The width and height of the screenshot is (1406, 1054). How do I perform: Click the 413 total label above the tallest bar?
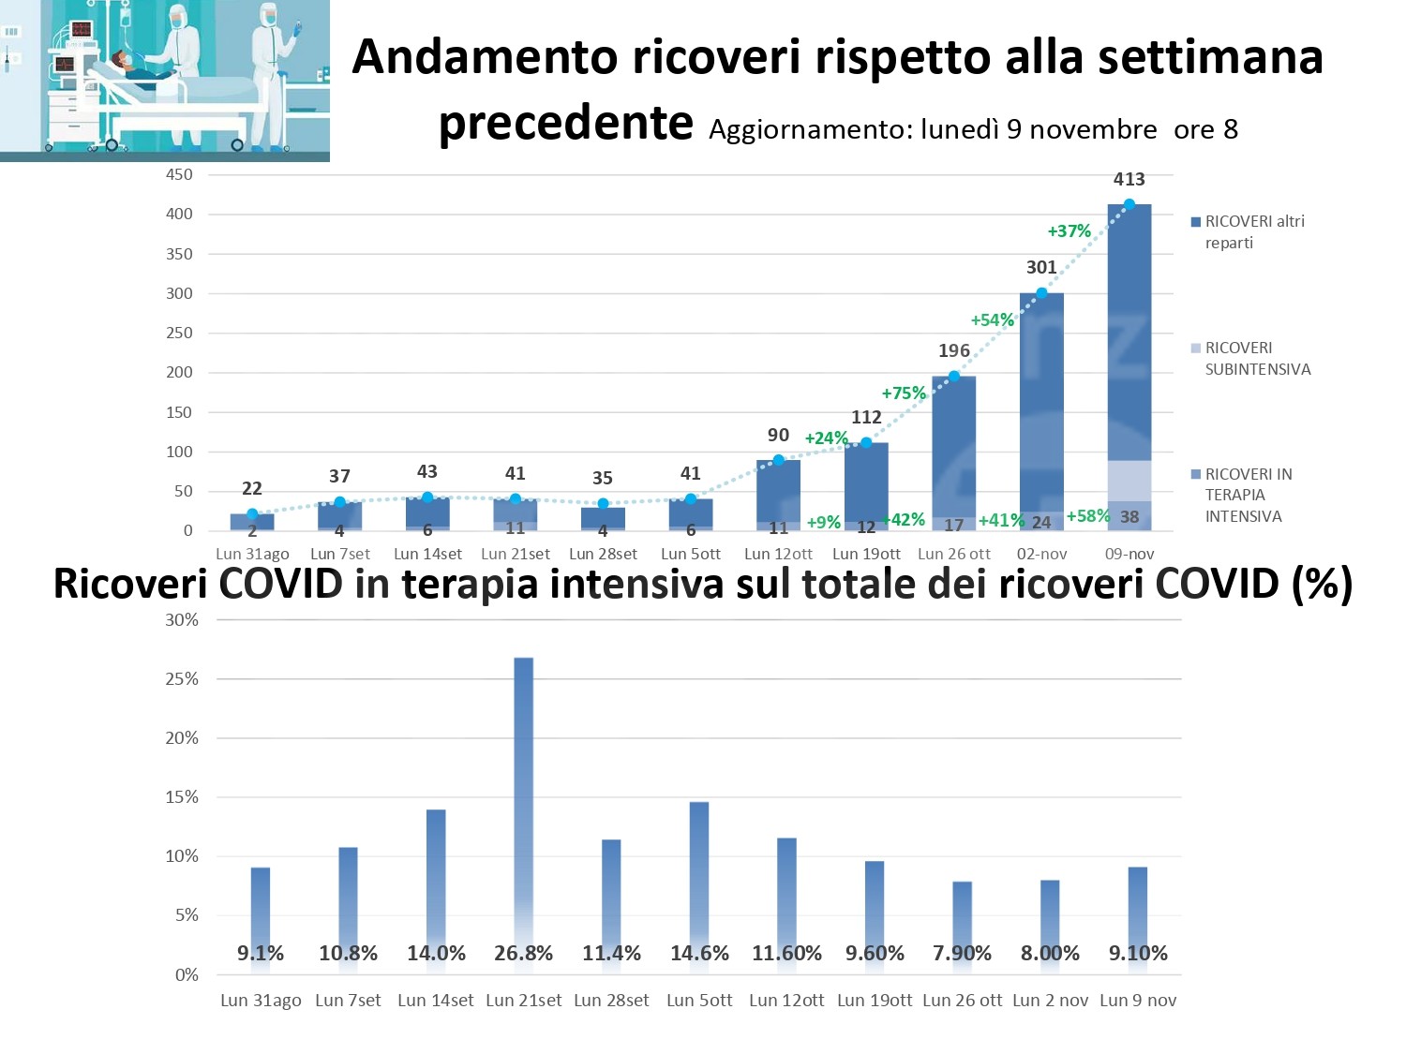pyautogui.click(x=1129, y=179)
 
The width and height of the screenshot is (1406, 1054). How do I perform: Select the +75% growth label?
pyautogui.click(x=904, y=393)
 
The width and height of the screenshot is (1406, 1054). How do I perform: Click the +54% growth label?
pyautogui.click(x=992, y=320)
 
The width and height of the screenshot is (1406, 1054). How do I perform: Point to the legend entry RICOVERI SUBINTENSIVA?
pyautogui.click(x=1256, y=359)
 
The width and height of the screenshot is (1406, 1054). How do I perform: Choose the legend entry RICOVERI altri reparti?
pyautogui.click(x=1253, y=232)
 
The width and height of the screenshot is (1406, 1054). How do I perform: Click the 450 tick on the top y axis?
pyautogui.click(x=179, y=174)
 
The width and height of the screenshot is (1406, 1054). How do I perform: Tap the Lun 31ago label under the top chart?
pyautogui.click(x=252, y=554)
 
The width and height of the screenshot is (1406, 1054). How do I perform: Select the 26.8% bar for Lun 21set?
pyautogui.click(x=524, y=796)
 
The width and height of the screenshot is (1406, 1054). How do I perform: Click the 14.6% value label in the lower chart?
pyautogui.click(x=699, y=954)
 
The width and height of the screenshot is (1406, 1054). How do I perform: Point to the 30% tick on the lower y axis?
pyautogui.click(x=182, y=620)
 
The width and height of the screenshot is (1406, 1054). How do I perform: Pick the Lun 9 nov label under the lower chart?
pyautogui.click(x=1138, y=1001)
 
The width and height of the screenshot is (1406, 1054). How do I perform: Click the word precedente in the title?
pyautogui.click(x=566, y=123)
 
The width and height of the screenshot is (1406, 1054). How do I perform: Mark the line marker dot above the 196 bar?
pyautogui.click(x=954, y=377)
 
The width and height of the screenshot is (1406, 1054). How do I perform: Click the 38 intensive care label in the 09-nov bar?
pyautogui.click(x=1129, y=517)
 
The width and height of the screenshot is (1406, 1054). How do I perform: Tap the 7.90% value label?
pyautogui.click(x=962, y=954)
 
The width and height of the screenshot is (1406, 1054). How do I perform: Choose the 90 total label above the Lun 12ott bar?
pyautogui.click(x=778, y=435)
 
